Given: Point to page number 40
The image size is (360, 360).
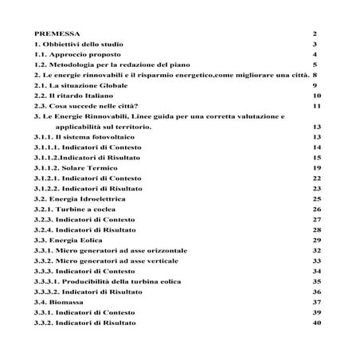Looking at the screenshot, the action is click(316, 323).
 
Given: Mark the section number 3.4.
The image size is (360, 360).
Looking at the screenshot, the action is click(42, 302).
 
